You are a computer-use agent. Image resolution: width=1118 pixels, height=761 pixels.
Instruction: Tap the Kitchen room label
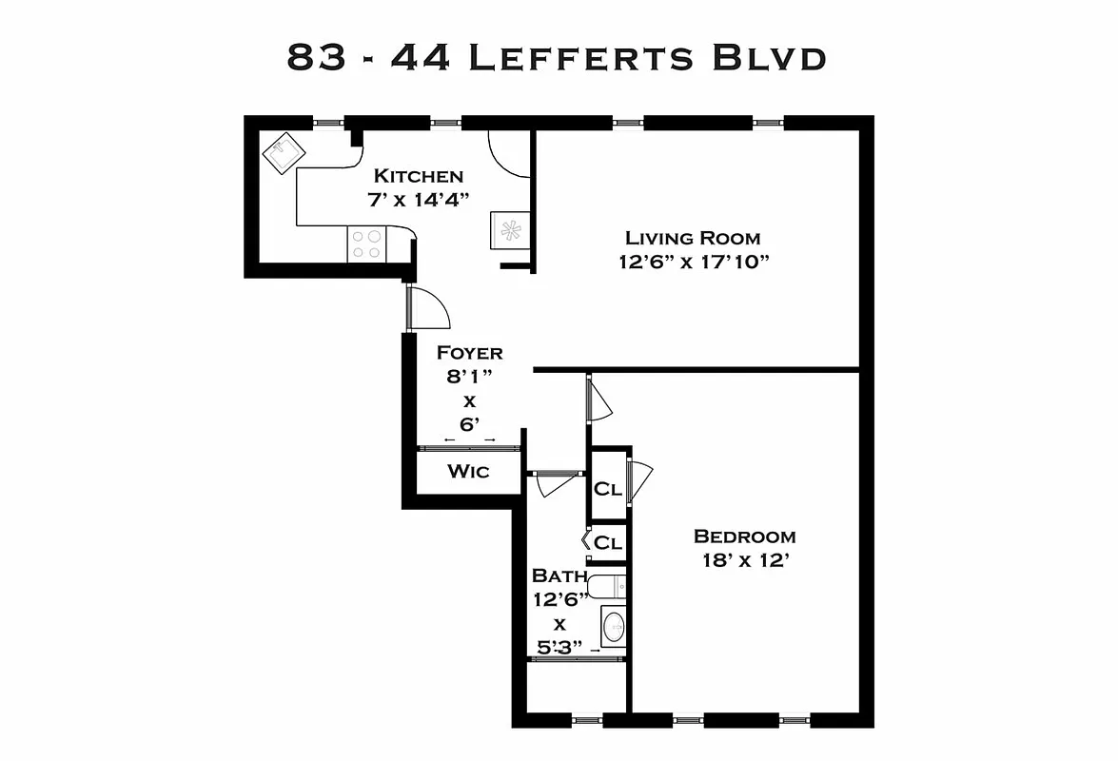click(x=418, y=176)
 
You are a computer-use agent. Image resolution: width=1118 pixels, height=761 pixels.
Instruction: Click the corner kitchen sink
click(x=283, y=153)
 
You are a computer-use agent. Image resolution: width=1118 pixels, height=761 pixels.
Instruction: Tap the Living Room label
click(x=692, y=238)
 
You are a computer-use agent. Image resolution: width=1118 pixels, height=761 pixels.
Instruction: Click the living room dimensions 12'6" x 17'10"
click(x=692, y=262)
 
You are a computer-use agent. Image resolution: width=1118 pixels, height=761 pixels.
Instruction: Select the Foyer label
click(x=469, y=353)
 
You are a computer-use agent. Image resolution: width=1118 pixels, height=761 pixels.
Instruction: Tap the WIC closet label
click(x=468, y=471)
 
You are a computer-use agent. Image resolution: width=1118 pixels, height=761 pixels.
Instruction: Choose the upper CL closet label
click(x=607, y=489)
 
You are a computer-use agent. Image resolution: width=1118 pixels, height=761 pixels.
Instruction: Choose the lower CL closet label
click(x=607, y=543)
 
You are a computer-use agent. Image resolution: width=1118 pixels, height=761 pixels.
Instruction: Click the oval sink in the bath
click(x=614, y=627)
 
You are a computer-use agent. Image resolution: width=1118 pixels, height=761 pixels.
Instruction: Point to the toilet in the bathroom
click(x=607, y=585)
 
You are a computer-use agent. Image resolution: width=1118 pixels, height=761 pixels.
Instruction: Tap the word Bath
click(x=553, y=576)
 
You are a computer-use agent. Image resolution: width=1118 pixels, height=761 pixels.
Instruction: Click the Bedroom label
click(x=744, y=537)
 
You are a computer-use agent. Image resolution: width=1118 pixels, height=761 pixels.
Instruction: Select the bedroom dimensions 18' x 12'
click(x=744, y=560)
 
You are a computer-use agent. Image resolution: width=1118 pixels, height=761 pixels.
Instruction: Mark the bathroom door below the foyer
click(x=556, y=482)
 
